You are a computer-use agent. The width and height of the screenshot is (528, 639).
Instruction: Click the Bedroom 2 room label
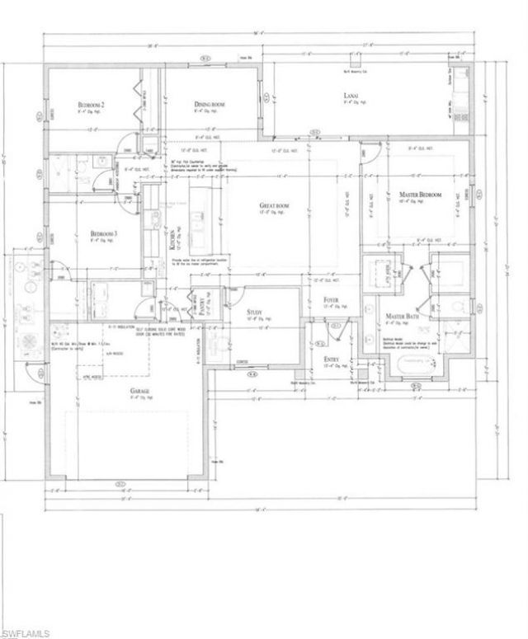(91, 105)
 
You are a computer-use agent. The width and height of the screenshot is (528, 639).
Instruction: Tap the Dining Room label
(210, 105)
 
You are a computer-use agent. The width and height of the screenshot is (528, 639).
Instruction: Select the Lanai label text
(350, 97)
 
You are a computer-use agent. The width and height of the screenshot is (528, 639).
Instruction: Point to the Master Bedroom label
(420, 195)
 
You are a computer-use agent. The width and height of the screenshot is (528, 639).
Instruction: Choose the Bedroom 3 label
(103, 234)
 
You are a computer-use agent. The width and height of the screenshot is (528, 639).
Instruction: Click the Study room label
(254, 312)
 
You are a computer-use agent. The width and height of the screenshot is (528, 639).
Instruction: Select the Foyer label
(331, 300)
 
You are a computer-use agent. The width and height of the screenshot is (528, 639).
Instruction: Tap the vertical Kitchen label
(172, 240)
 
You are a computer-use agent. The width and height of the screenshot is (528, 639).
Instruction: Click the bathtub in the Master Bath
(421, 364)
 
